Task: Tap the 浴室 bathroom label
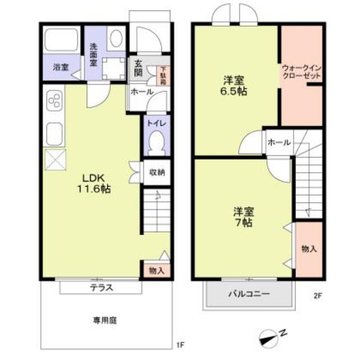61,67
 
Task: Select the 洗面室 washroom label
93,55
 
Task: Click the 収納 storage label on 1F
157,172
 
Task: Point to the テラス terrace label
102,287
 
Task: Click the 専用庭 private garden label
105,321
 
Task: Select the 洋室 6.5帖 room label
234,84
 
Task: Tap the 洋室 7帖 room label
244,216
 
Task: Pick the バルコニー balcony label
249,294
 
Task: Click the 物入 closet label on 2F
309,249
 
